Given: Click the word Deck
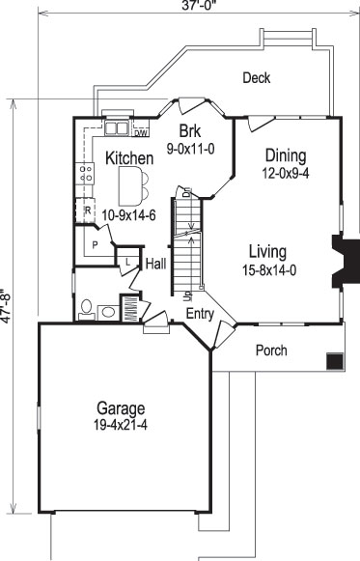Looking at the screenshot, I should coord(256,78).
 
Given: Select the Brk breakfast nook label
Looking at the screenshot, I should coord(189,132).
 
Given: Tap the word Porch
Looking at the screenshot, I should coord(271,351).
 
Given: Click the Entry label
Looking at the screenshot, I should coord(200,313).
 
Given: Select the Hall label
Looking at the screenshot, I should coord(155,263).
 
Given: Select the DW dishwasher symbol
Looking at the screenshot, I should coord(141,131).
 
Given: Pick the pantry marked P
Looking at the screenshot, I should coord(96,245).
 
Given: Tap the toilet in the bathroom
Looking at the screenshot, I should coord(86,309).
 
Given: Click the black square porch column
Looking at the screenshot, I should coord(334,361).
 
